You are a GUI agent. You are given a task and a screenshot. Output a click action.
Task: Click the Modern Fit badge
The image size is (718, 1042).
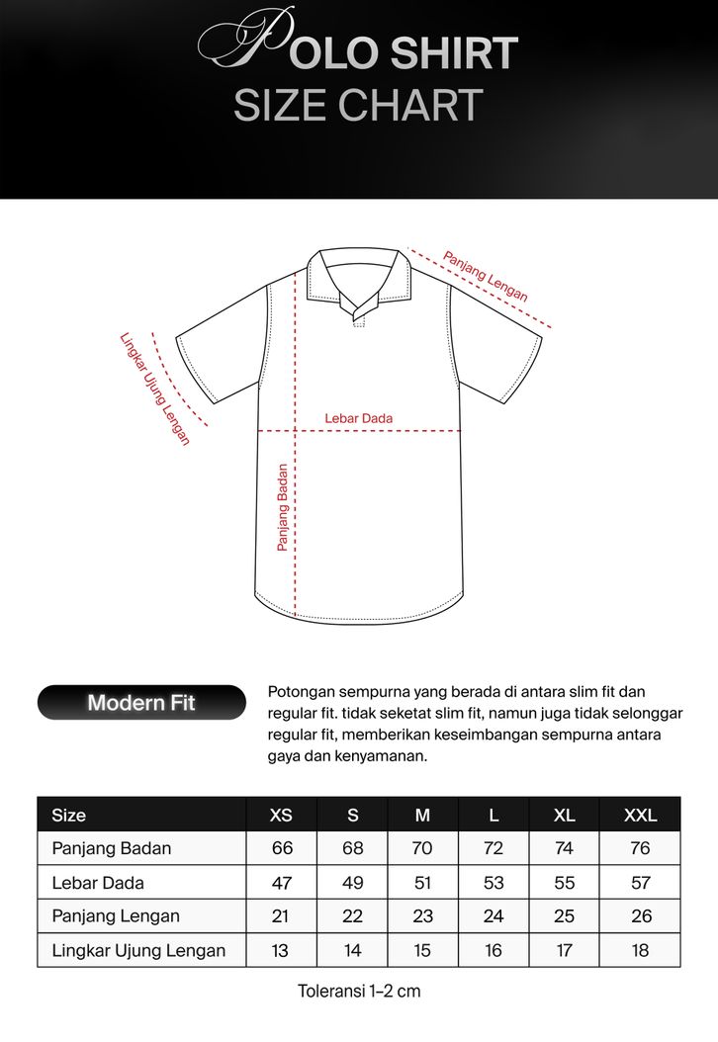pyautogui.click(x=141, y=703)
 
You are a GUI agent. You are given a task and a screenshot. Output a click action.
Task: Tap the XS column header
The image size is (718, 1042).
pyautogui.click(x=282, y=816)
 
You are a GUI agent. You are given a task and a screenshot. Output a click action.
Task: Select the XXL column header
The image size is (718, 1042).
pyautogui.click(x=640, y=816)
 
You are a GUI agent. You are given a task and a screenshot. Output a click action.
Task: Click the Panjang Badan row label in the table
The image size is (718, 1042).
pyautogui.click(x=112, y=848)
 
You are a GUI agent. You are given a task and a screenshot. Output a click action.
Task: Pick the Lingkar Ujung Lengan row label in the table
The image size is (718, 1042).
pyautogui.click(x=138, y=951)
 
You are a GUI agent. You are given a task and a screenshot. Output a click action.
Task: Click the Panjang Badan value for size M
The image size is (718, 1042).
pyautogui.click(x=423, y=848)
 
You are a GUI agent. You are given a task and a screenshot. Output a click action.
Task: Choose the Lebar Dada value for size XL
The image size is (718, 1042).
pyautogui.click(x=564, y=882)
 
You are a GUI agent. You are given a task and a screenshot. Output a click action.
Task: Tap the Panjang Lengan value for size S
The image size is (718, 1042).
pyautogui.click(x=353, y=916)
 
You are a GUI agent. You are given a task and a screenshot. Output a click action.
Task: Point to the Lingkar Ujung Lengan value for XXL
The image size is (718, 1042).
pyautogui.click(x=640, y=951)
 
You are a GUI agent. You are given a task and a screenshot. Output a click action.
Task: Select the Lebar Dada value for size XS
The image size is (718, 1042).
pyautogui.click(x=282, y=882)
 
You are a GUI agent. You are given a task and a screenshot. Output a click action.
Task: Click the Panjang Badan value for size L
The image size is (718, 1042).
pyautogui.click(x=494, y=848)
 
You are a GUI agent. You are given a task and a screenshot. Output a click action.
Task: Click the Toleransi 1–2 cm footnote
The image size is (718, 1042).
pyautogui.click(x=359, y=991)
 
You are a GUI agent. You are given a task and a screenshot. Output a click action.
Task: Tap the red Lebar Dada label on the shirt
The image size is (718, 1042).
pyautogui.click(x=359, y=418)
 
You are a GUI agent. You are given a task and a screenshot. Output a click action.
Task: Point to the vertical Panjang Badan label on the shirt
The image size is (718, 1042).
pyautogui.click(x=283, y=507)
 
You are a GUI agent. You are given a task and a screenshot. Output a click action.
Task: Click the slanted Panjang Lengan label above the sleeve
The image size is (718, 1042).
pyautogui.click(x=485, y=276)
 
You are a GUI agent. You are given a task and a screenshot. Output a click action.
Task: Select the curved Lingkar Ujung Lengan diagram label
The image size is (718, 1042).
pyautogui.click(x=153, y=388)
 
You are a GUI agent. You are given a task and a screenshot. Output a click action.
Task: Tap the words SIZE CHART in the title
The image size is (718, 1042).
pyautogui.click(x=358, y=106)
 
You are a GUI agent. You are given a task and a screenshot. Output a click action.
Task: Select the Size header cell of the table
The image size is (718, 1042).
pyautogui.click(x=69, y=816)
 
